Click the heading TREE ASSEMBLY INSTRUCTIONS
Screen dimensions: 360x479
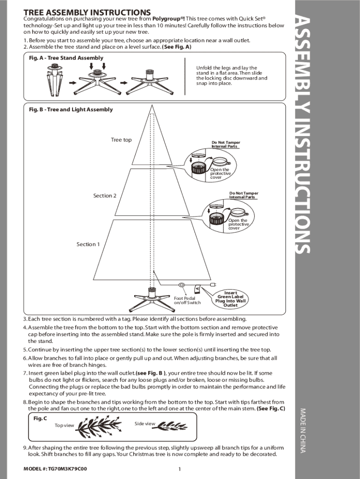pos(87,12)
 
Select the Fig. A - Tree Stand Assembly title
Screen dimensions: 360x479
pos(66,58)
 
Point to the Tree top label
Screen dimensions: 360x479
pos(121,140)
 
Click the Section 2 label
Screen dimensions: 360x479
pos(105,196)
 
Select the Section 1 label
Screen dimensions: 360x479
pos(88,244)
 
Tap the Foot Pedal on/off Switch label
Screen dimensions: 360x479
pos(187,300)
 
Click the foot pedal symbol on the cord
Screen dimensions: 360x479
pos(182,285)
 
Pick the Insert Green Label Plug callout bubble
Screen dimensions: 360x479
pos(230,299)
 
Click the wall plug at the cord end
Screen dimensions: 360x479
pos(214,285)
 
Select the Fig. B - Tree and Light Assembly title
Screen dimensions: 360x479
pos(71,109)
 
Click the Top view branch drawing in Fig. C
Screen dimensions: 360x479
pos(99,426)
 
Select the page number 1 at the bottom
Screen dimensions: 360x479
pos(180,469)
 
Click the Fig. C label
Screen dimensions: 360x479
pos(40,418)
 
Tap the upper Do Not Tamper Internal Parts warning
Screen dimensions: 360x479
pos(226,145)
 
